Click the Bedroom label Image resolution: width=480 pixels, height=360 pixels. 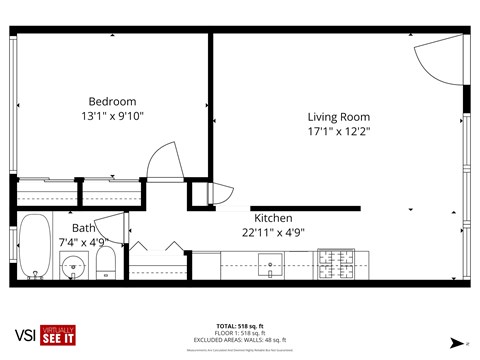tap(112, 101)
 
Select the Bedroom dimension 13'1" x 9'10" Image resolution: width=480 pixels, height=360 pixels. tap(112, 116)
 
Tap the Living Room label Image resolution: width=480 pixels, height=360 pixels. tap(338, 116)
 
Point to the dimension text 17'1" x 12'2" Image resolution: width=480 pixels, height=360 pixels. tap(338, 131)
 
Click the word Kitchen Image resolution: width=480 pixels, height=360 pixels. tap(272, 218)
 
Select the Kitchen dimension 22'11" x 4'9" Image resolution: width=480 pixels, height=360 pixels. tap(272, 232)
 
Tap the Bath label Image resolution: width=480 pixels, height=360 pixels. tap(83, 228)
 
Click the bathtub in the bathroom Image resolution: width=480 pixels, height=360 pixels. tap(34, 248)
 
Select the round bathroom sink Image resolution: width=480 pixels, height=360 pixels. tap(72, 267)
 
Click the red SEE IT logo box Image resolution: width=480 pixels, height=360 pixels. tap(57, 336)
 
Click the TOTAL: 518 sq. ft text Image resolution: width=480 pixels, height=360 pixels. tap(239, 326)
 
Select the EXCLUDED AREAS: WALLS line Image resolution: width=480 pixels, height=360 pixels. tap(239, 340)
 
